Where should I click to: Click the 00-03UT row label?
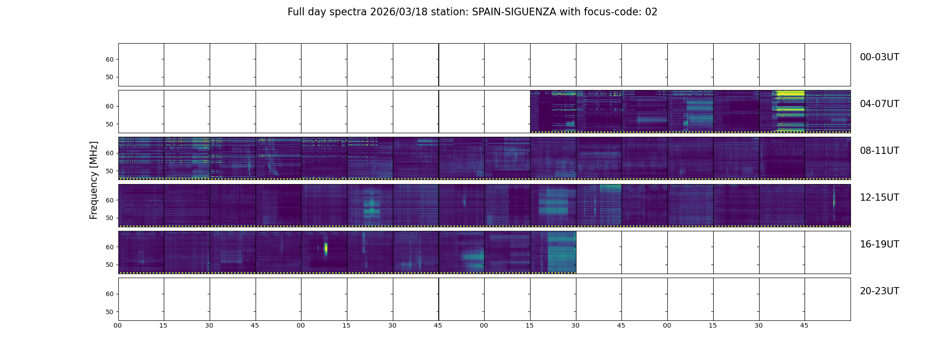tap(879, 57)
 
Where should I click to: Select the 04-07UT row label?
tap(879, 104)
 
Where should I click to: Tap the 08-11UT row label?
tap(879, 151)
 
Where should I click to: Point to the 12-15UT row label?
tap(879, 198)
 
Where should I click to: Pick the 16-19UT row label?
tap(879, 244)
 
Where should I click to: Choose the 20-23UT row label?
tap(879, 291)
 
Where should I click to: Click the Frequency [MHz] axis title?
tap(94, 180)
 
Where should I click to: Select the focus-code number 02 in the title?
tap(651, 12)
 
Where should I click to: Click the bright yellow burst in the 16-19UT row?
tap(326, 248)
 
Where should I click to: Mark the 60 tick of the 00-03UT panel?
tap(110, 59)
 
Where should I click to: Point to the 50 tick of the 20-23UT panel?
tap(110, 312)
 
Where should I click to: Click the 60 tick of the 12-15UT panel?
tap(110, 200)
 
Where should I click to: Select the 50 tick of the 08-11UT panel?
tap(110, 171)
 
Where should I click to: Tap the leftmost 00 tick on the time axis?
tap(118, 325)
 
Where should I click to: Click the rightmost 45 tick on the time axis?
tap(804, 325)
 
